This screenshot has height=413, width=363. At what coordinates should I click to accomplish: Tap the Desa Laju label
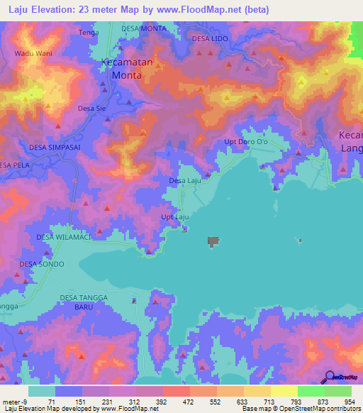186,181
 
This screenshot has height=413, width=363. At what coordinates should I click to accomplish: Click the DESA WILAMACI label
64,237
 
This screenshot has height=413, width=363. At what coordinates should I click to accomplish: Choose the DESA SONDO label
42,264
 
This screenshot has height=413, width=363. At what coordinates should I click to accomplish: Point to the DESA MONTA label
144,28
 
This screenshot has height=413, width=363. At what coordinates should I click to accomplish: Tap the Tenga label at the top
89,33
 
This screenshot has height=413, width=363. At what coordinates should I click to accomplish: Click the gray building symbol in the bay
213,243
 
